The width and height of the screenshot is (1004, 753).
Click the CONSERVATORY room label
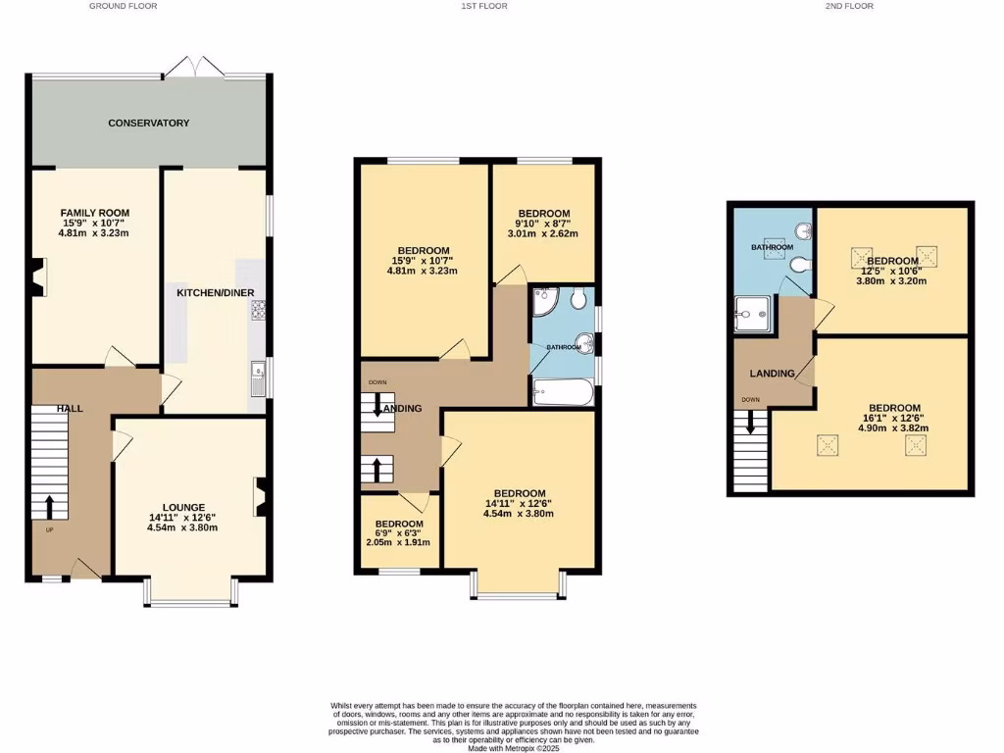[x=148, y=123]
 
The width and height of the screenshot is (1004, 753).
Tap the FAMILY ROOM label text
[x=95, y=213]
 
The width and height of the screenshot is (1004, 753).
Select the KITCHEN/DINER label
[x=215, y=293]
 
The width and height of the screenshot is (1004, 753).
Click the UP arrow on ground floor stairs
[x=49, y=506]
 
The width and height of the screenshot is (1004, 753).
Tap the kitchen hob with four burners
[x=260, y=310]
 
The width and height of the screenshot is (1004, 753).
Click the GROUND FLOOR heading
[x=123, y=6]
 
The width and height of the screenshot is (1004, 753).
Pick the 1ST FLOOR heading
[x=484, y=6]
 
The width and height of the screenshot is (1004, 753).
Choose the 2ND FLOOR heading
[x=849, y=6]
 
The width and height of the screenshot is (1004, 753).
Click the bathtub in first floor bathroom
[x=563, y=394]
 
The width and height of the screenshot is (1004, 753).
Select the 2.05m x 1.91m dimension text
[x=398, y=542]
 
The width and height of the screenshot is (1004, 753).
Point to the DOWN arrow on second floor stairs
[x=752, y=422]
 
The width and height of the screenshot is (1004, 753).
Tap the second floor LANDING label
[x=772, y=374]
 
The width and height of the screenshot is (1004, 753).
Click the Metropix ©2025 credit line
[x=514, y=747]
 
